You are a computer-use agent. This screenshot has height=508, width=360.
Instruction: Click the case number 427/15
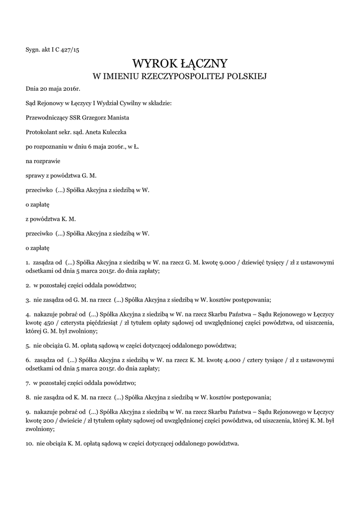pyautogui.click(x=71, y=50)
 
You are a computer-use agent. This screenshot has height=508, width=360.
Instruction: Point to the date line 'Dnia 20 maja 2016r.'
pyautogui.click(x=53, y=89)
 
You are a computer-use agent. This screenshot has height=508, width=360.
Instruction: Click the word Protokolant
pyautogui.click(x=42, y=132)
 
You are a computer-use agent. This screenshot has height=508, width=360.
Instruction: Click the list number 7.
pyautogui.click(x=28, y=383)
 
